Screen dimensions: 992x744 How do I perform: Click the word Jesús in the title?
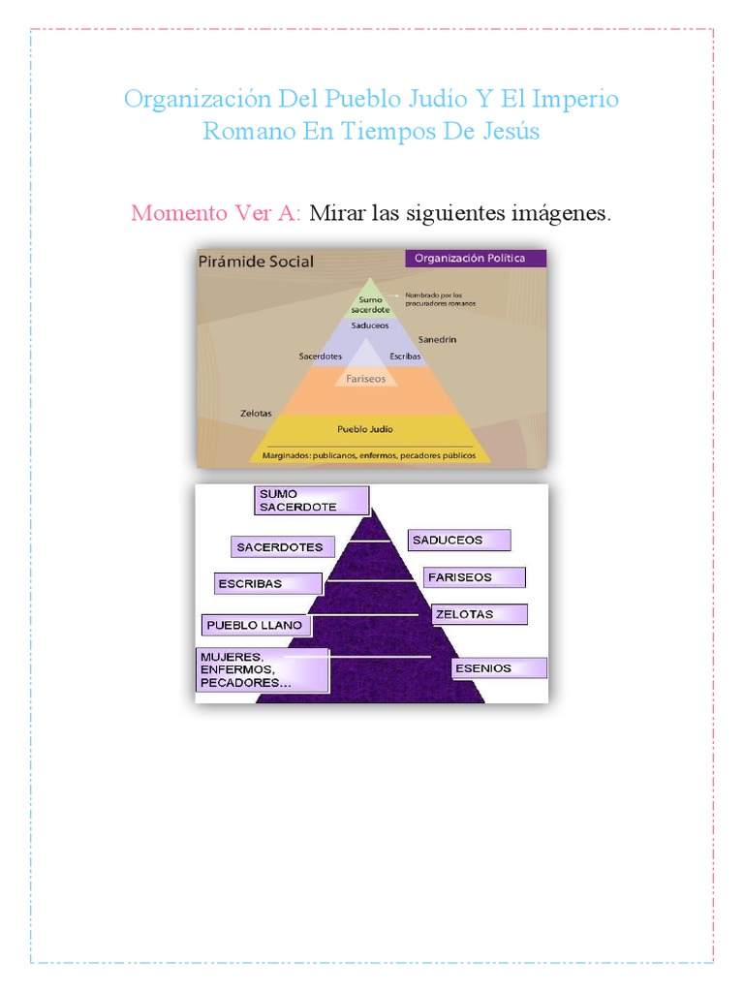pyautogui.click(x=508, y=132)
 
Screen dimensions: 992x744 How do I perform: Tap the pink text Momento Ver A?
pyautogui.click(x=216, y=213)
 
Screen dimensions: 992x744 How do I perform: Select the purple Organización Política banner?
pyautogui.click(x=475, y=259)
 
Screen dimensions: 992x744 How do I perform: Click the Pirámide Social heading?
pyautogui.click(x=256, y=262)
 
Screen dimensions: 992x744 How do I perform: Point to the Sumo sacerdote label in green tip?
pyautogui.click(x=370, y=304)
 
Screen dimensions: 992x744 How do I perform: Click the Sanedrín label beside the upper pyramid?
pyautogui.click(x=439, y=340)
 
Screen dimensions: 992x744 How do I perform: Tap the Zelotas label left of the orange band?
pyautogui.click(x=256, y=414)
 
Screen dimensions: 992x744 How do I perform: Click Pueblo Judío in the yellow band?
pyautogui.click(x=365, y=428)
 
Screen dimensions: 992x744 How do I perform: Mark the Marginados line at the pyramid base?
pyautogui.click(x=367, y=453)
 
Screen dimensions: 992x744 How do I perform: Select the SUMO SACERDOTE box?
pyautogui.click(x=312, y=500)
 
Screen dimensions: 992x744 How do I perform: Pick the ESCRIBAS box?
pyautogui.click(x=268, y=584)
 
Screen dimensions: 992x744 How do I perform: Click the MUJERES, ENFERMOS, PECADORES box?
pyautogui.click(x=263, y=669)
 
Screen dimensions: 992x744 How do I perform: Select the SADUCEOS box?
pyautogui.click(x=458, y=540)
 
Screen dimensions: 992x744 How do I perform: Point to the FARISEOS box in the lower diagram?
pyautogui.click(x=474, y=577)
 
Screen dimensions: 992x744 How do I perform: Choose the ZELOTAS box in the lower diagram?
pyautogui.click(x=479, y=614)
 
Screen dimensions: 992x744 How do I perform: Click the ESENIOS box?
pyautogui.click(x=498, y=668)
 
